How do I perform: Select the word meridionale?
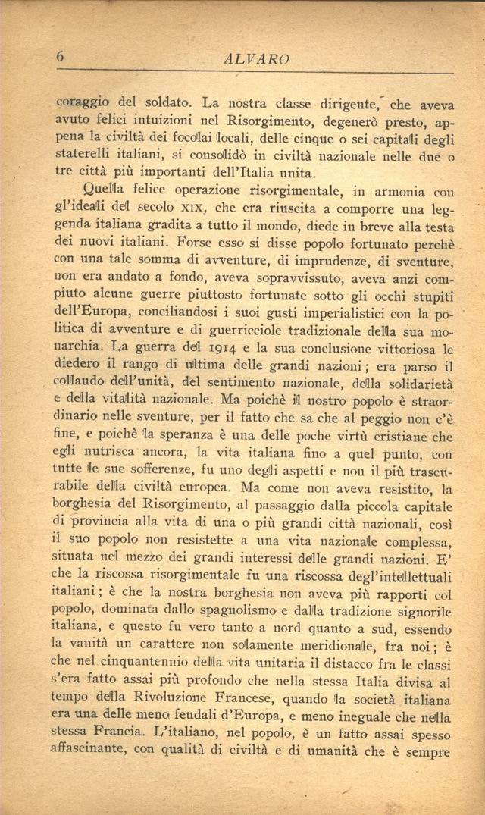pos(355,645)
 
